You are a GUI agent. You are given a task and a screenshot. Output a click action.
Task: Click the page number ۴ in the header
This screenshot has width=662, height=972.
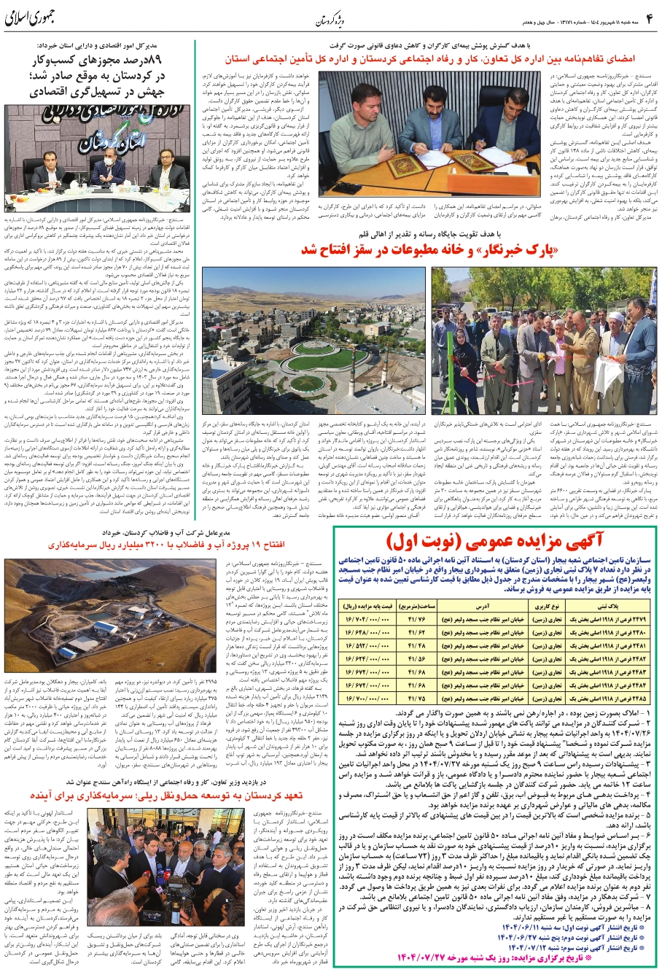pyautogui.click(x=648, y=15)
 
